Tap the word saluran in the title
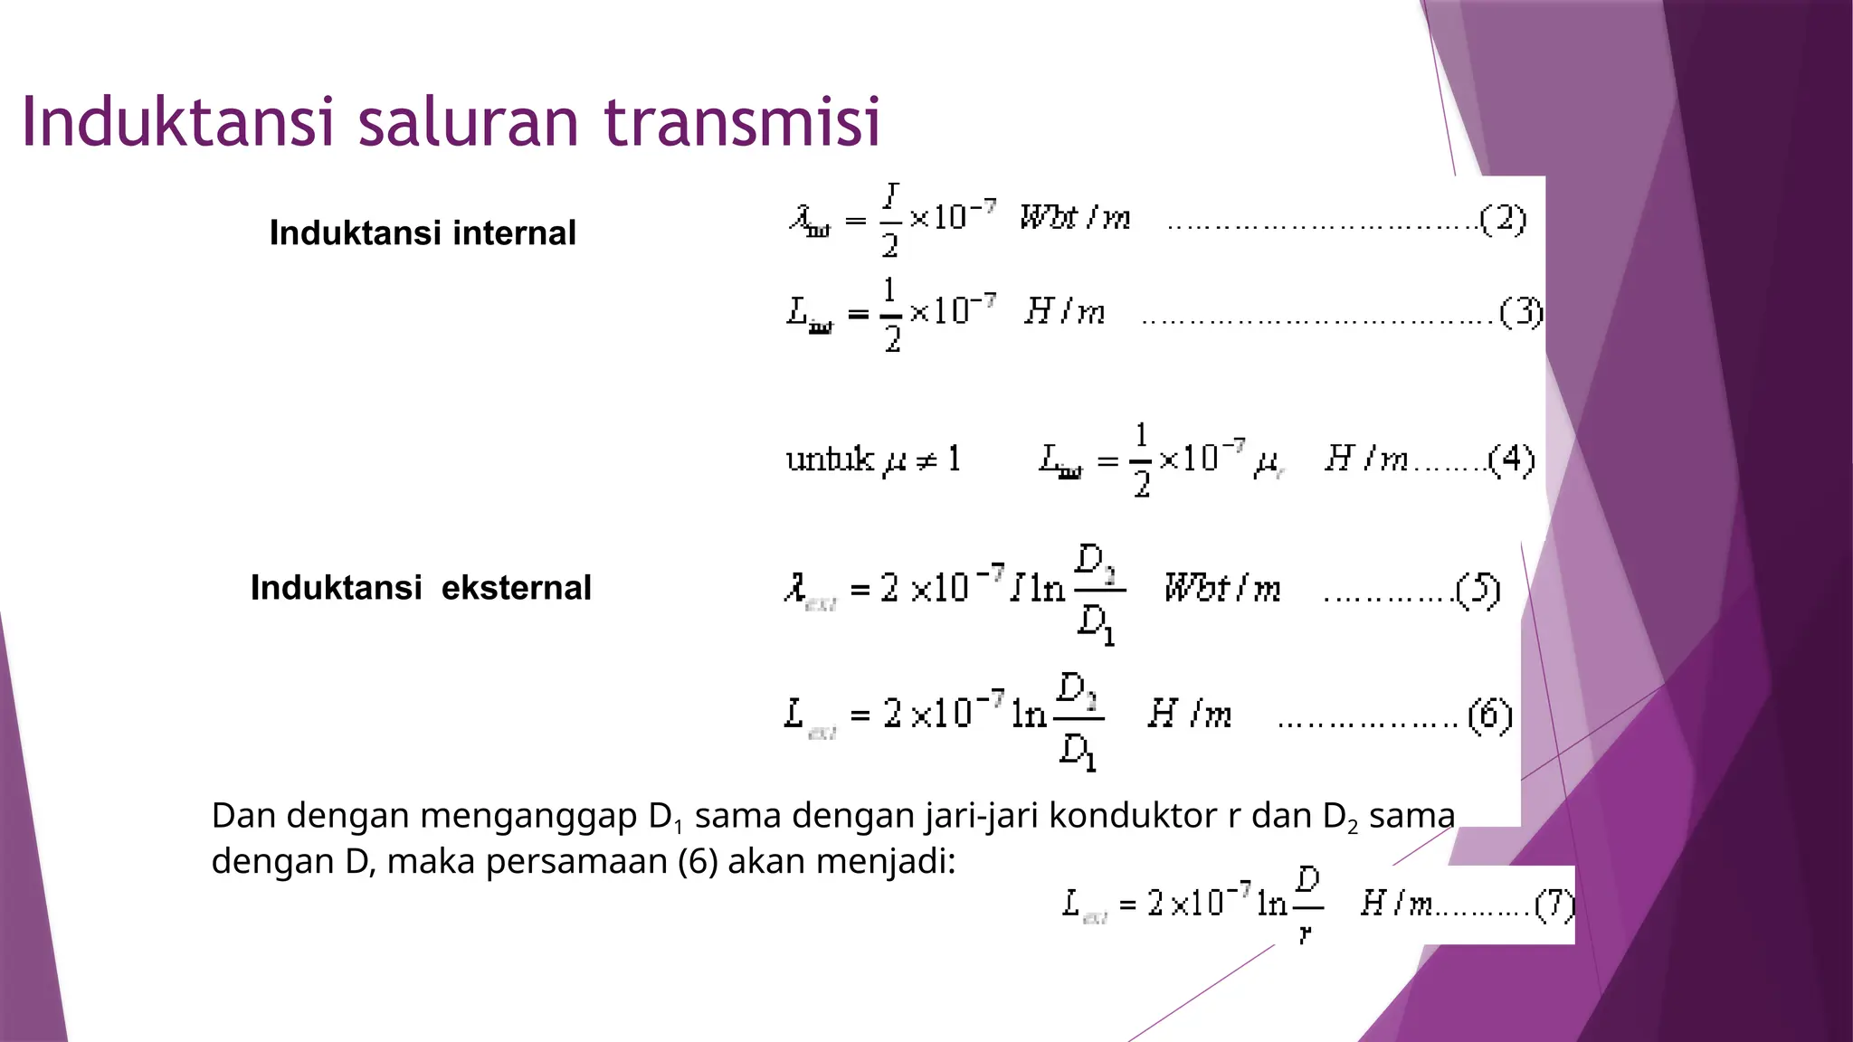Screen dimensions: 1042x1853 tap(469, 121)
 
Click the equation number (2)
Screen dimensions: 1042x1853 tap(1503, 219)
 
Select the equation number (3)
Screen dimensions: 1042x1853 tap(1521, 312)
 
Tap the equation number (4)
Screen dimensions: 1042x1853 tap(1511, 459)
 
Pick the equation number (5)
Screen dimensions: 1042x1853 tap(1478, 590)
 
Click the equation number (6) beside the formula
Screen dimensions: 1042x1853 tap(1489, 715)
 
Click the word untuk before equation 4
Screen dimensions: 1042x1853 tap(829, 459)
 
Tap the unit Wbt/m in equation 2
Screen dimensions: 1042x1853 tap(1075, 218)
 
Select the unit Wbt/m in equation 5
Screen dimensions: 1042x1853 tap(1221, 589)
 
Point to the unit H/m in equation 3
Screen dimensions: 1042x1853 tap(1064, 312)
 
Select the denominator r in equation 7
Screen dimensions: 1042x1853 tap(1305, 933)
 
